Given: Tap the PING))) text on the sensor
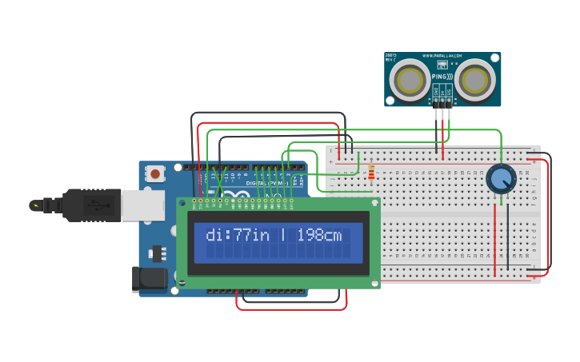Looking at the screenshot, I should tap(442, 77).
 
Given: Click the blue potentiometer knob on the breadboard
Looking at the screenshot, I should tap(501, 179).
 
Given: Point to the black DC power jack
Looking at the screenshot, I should tap(150, 280).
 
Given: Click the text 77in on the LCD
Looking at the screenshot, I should tap(252, 235).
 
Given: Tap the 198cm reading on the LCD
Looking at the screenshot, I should tap(319, 235).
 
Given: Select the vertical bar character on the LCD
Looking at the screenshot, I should tap(282, 235).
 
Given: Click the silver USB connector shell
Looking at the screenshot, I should tap(142, 205).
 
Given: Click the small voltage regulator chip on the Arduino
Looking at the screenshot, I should tap(158, 254).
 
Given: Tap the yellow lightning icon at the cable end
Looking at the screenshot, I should tap(34, 205).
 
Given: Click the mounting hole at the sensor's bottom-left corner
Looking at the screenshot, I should tap(390, 101).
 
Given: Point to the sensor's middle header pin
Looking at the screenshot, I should tap(442, 102).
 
